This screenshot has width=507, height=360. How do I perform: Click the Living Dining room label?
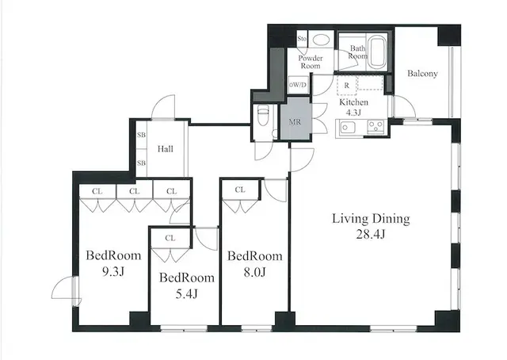pos(370,218)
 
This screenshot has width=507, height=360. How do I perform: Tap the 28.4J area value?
pos(371,234)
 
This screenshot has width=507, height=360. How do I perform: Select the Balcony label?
pos(423,74)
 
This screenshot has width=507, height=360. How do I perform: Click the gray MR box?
pos(295,121)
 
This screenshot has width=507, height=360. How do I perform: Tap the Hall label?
pos(166,148)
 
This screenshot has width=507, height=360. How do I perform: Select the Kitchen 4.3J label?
pos(353,109)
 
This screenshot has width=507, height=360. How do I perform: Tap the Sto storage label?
pos(302,39)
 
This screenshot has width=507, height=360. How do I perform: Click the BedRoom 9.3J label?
pos(113,262)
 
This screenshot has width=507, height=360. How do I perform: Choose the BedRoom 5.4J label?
pos(186,285)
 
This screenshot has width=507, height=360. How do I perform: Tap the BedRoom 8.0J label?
pos(254,263)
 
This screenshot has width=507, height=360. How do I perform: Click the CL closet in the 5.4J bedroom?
pos(170,238)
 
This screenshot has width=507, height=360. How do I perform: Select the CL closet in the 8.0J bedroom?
pos(239,190)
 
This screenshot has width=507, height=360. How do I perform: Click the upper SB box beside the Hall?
pos(142,136)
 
